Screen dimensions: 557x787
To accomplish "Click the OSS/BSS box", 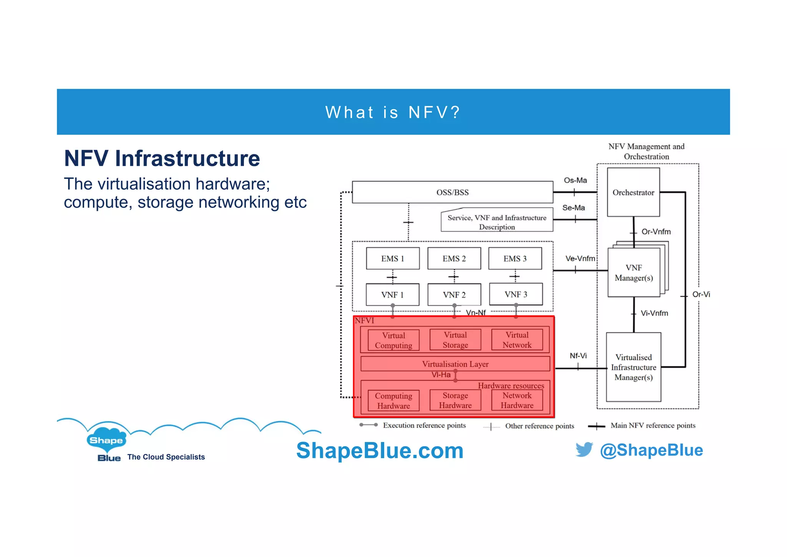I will (x=452, y=192).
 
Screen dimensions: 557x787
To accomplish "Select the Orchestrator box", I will (x=633, y=192).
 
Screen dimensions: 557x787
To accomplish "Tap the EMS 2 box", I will (x=454, y=258).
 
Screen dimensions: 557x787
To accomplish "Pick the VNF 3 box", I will (x=516, y=294).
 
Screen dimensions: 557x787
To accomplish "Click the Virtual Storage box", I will (x=455, y=340).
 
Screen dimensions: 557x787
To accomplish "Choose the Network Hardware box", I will (x=517, y=400).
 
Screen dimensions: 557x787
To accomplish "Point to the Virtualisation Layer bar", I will (x=455, y=364).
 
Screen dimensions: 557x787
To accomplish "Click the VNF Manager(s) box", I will (x=634, y=273).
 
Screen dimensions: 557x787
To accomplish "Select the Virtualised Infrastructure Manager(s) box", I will (x=634, y=367).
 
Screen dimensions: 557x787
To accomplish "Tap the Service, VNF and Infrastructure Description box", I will (x=497, y=222).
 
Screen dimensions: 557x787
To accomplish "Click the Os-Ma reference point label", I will (x=575, y=180).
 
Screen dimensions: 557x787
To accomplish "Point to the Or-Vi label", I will (x=701, y=294).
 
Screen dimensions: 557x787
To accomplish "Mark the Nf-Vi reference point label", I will (x=578, y=356).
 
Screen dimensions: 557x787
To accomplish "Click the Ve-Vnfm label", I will (x=580, y=258).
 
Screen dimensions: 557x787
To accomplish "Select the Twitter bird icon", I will (x=584, y=450).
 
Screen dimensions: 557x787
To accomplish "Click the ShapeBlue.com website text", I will (x=380, y=450).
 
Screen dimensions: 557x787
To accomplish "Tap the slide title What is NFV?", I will (x=393, y=112).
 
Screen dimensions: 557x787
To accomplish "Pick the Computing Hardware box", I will (x=393, y=401).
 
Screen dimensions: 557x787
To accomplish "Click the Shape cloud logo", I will (x=106, y=440).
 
